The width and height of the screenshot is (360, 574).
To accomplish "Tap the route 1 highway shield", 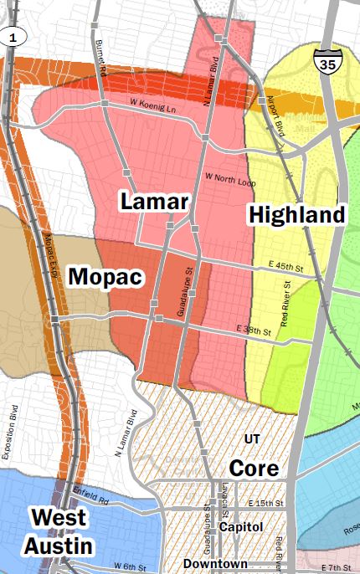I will (x=13, y=36).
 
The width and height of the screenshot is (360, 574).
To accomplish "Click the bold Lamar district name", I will (x=155, y=202).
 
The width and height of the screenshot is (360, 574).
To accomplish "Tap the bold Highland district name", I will (x=296, y=215).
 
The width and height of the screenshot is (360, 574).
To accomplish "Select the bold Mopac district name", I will (x=103, y=276).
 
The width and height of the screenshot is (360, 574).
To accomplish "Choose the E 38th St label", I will (x=255, y=331).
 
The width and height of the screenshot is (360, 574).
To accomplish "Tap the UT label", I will (x=252, y=438).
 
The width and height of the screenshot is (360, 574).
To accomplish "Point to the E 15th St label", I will (x=267, y=503).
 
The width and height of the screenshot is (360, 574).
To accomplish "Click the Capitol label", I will (x=241, y=527).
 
